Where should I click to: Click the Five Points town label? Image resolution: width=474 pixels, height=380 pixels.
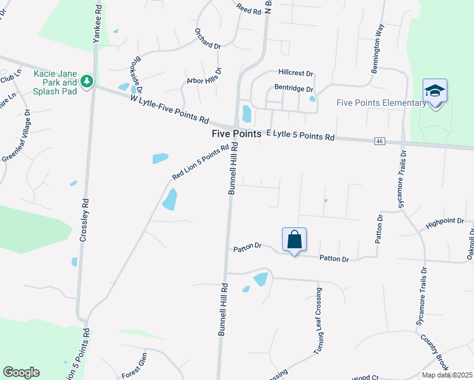click(x=236, y=134)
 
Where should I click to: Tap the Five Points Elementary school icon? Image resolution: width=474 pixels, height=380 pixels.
click(x=435, y=91)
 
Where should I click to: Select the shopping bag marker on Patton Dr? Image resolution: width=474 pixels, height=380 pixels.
click(x=294, y=239)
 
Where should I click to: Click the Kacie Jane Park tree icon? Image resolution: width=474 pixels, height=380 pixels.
click(x=87, y=82)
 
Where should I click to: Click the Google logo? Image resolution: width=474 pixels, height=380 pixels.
click(x=21, y=372)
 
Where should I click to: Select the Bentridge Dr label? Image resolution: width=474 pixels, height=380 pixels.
click(x=293, y=89)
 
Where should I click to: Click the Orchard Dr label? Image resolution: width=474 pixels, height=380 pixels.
click(x=208, y=46)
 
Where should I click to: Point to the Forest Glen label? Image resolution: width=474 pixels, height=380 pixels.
click(x=134, y=367)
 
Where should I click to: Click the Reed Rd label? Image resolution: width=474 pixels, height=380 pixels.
click(x=248, y=9)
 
